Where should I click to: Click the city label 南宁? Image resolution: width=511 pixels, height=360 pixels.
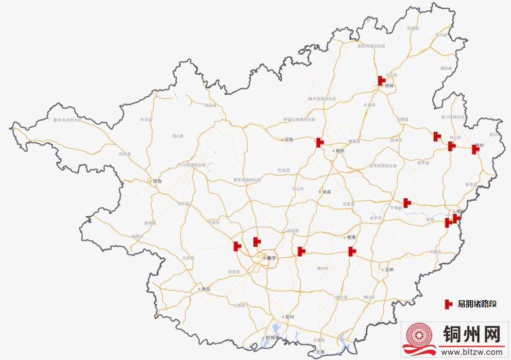click(271, 258)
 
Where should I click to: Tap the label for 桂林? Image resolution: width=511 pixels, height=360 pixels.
click(389, 86)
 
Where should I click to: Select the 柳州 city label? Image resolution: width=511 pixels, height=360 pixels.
click(340, 151)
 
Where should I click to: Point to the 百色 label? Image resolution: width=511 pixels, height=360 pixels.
click(157, 181)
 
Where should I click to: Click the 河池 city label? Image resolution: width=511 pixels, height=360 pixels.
click(289, 139)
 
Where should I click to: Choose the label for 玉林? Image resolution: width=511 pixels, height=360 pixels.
click(389, 269)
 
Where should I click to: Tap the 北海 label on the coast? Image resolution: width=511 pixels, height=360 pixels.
click(320, 352)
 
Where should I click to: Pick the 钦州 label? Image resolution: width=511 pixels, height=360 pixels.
click(290, 317)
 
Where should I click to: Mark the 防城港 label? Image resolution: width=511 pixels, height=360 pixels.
click(272, 337)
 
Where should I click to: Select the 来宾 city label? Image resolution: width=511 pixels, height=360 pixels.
click(326, 192)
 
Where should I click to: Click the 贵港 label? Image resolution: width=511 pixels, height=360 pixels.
click(351, 237)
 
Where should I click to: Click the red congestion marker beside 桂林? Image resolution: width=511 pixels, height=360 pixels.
click(381, 81)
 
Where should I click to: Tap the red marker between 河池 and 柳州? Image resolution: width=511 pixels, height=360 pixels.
click(319, 142)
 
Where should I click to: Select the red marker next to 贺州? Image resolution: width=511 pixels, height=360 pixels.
click(475, 149)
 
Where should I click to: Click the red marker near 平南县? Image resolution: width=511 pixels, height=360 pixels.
click(407, 202)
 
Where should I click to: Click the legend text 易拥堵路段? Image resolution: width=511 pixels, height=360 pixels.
click(477, 304)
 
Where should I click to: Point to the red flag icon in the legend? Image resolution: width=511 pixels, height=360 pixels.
click(448, 304)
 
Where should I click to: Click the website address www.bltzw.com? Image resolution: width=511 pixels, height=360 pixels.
click(471, 352)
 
